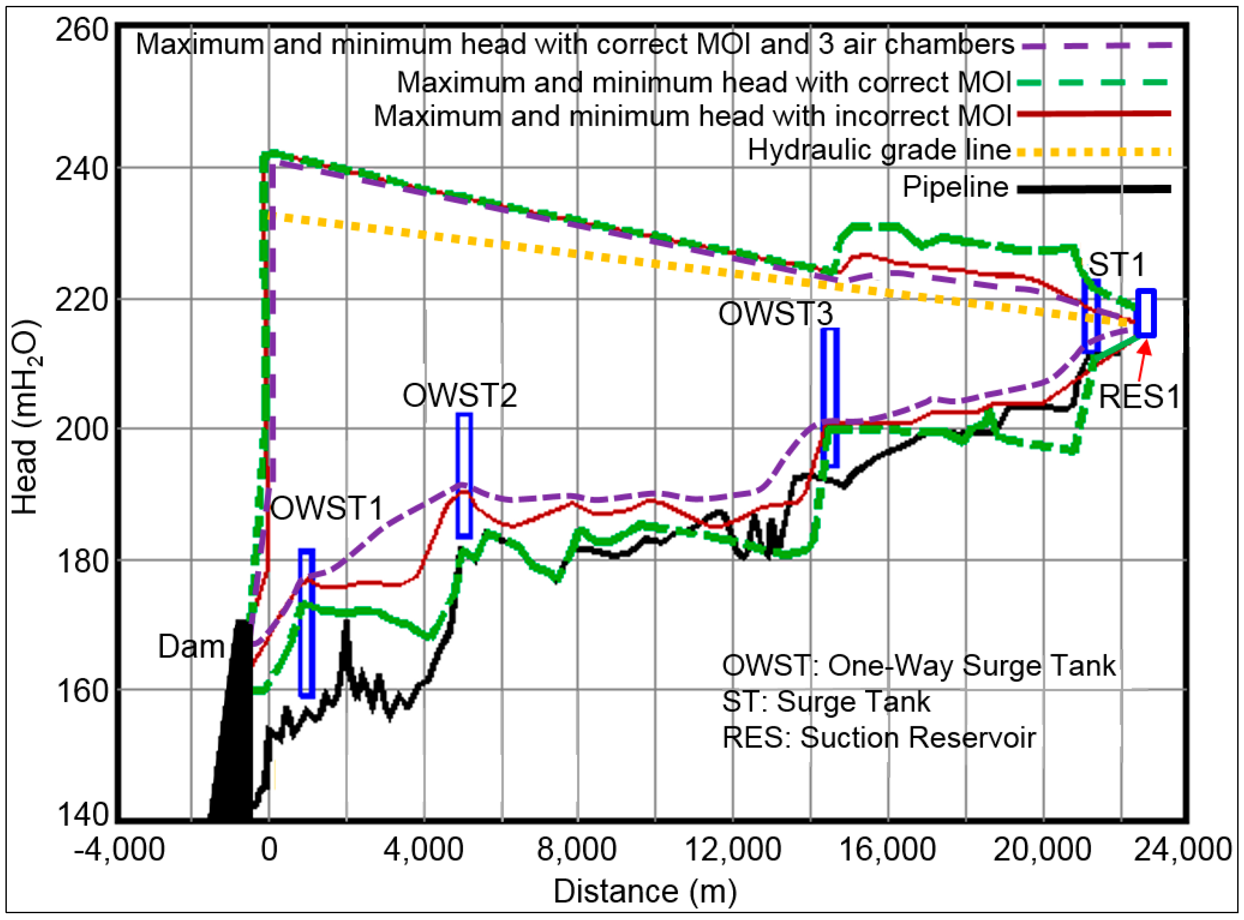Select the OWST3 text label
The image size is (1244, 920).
click(x=775, y=313)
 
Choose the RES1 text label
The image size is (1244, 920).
click(x=1139, y=397)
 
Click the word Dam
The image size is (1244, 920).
click(x=191, y=646)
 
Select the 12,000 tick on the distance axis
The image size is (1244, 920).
click(x=732, y=850)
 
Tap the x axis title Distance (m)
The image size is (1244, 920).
click(x=645, y=891)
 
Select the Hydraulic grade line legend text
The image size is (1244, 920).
click(x=878, y=150)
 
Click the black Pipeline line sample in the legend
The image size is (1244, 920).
click(x=1094, y=189)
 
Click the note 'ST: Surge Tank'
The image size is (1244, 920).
click(x=826, y=702)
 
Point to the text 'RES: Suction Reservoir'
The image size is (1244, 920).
click(x=878, y=738)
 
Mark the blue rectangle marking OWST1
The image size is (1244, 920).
click(x=307, y=623)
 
